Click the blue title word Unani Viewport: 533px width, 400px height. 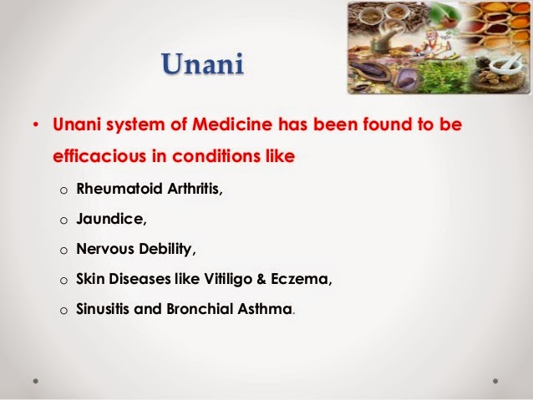pyautogui.click(x=203, y=64)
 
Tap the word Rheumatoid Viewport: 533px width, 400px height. pyautogui.click(x=114, y=190)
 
